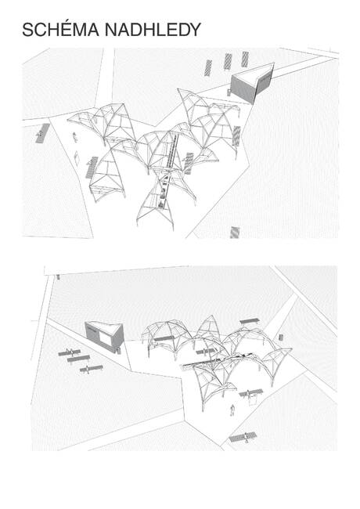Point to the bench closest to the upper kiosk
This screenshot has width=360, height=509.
click(x=245, y=59)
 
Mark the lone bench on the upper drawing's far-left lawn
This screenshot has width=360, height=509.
click(x=39, y=135)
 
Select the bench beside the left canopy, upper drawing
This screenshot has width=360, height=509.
click(x=92, y=166)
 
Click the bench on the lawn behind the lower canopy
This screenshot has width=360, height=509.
click(x=249, y=321)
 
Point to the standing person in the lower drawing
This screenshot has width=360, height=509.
click(x=232, y=410)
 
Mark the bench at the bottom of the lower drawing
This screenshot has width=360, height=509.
click(x=245, y=437)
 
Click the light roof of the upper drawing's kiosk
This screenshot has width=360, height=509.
click(x=253, y=73)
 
